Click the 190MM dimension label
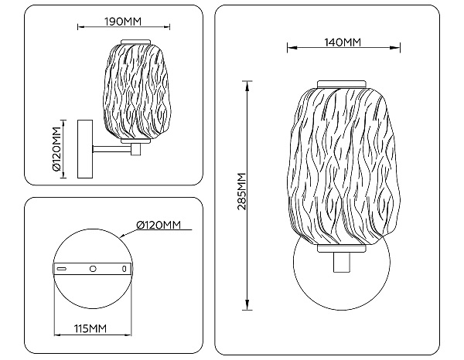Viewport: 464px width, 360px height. pos(123,22)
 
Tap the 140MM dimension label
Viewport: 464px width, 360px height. pos(343,42)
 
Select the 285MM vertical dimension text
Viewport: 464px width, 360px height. pos(242,192)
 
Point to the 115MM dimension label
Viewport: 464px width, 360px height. pos(90,328)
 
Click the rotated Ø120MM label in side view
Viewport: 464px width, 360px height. pos(56,149)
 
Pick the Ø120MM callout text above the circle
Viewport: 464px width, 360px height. pos(159,226)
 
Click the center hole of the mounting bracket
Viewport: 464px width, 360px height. pos(93,269)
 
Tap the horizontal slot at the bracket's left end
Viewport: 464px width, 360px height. pos(62,269)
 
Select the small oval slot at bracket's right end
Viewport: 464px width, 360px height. pos(125,269)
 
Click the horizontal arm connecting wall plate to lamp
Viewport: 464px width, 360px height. pos(112,149)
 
